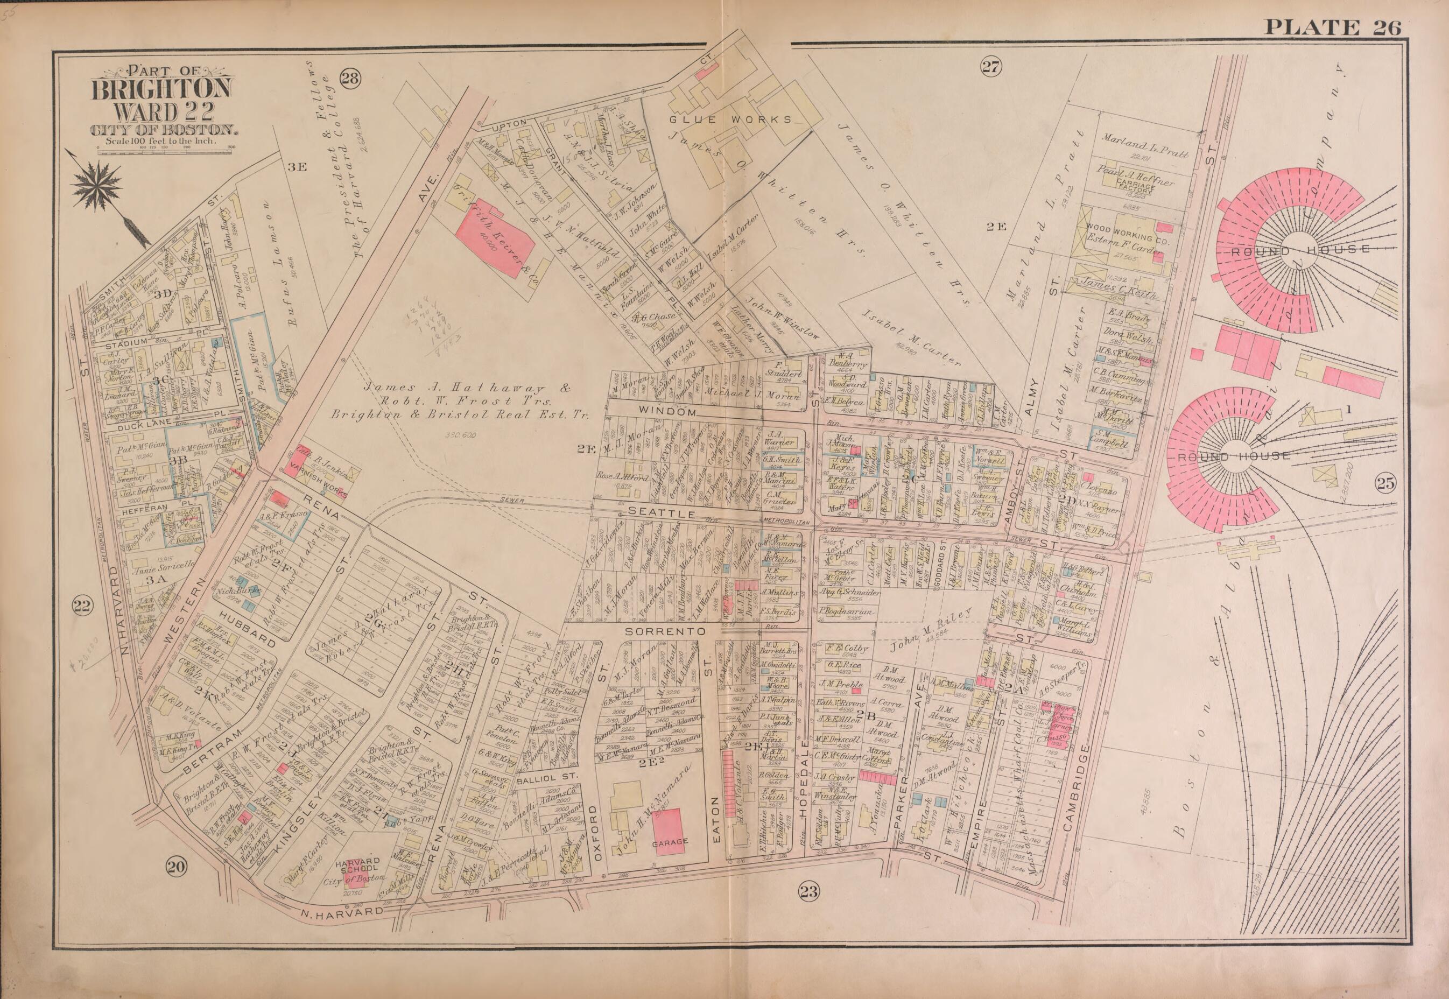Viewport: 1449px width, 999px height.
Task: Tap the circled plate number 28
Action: click(x=349, y=78)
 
